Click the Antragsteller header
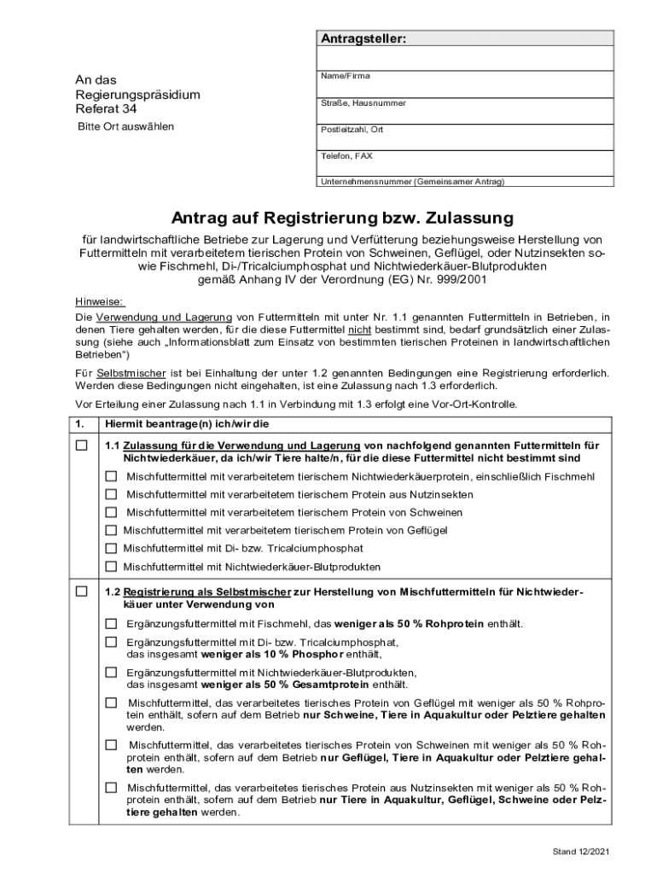363,39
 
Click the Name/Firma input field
465,84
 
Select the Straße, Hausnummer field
465,112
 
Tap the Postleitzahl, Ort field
465,139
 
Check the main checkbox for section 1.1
81,446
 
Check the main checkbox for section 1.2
81,591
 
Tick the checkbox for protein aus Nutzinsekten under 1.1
112,494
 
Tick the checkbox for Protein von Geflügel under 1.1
112,530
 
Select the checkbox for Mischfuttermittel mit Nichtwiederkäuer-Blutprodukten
112,566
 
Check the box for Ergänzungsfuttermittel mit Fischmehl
112,623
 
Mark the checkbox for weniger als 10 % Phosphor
112,642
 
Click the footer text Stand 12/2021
580,853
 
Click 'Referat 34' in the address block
106,109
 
